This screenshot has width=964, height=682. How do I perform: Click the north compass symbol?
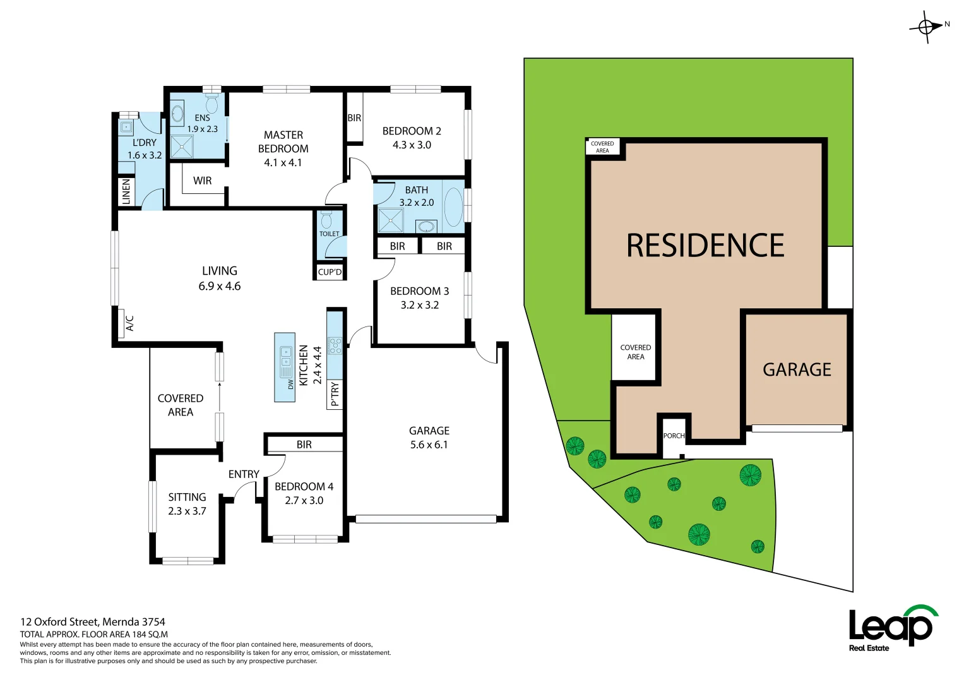tap(926, 27)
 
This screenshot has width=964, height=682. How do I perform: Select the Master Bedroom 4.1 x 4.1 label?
tap(283, 149)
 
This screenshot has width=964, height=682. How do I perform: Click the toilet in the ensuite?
tap(211, 102)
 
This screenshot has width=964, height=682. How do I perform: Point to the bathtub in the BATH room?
tap(453, 206)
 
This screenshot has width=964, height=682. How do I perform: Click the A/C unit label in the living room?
tap(129, 323)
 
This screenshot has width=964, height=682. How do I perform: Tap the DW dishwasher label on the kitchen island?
tap(290, 383)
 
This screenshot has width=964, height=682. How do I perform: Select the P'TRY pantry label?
tap(335, 394)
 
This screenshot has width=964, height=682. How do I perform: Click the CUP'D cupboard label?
tap(330, 272)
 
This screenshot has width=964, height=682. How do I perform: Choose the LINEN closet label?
tap(126, 191)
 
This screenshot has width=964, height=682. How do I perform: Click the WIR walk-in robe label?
tap(202, 181)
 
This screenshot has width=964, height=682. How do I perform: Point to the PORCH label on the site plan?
tap(674, 436)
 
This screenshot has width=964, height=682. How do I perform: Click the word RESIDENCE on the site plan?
tap(705, 246)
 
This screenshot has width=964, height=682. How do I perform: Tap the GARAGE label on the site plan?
tap(797, 369)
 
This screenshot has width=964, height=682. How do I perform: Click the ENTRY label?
tap(244, 474)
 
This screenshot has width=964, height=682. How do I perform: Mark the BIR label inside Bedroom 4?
tap(304, 445)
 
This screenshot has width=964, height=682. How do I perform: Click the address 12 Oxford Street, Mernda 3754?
tap(93, 621)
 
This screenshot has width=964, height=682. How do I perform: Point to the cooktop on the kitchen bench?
tap(335, 345)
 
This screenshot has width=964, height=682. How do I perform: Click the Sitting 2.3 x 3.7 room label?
tap(187, 504)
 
